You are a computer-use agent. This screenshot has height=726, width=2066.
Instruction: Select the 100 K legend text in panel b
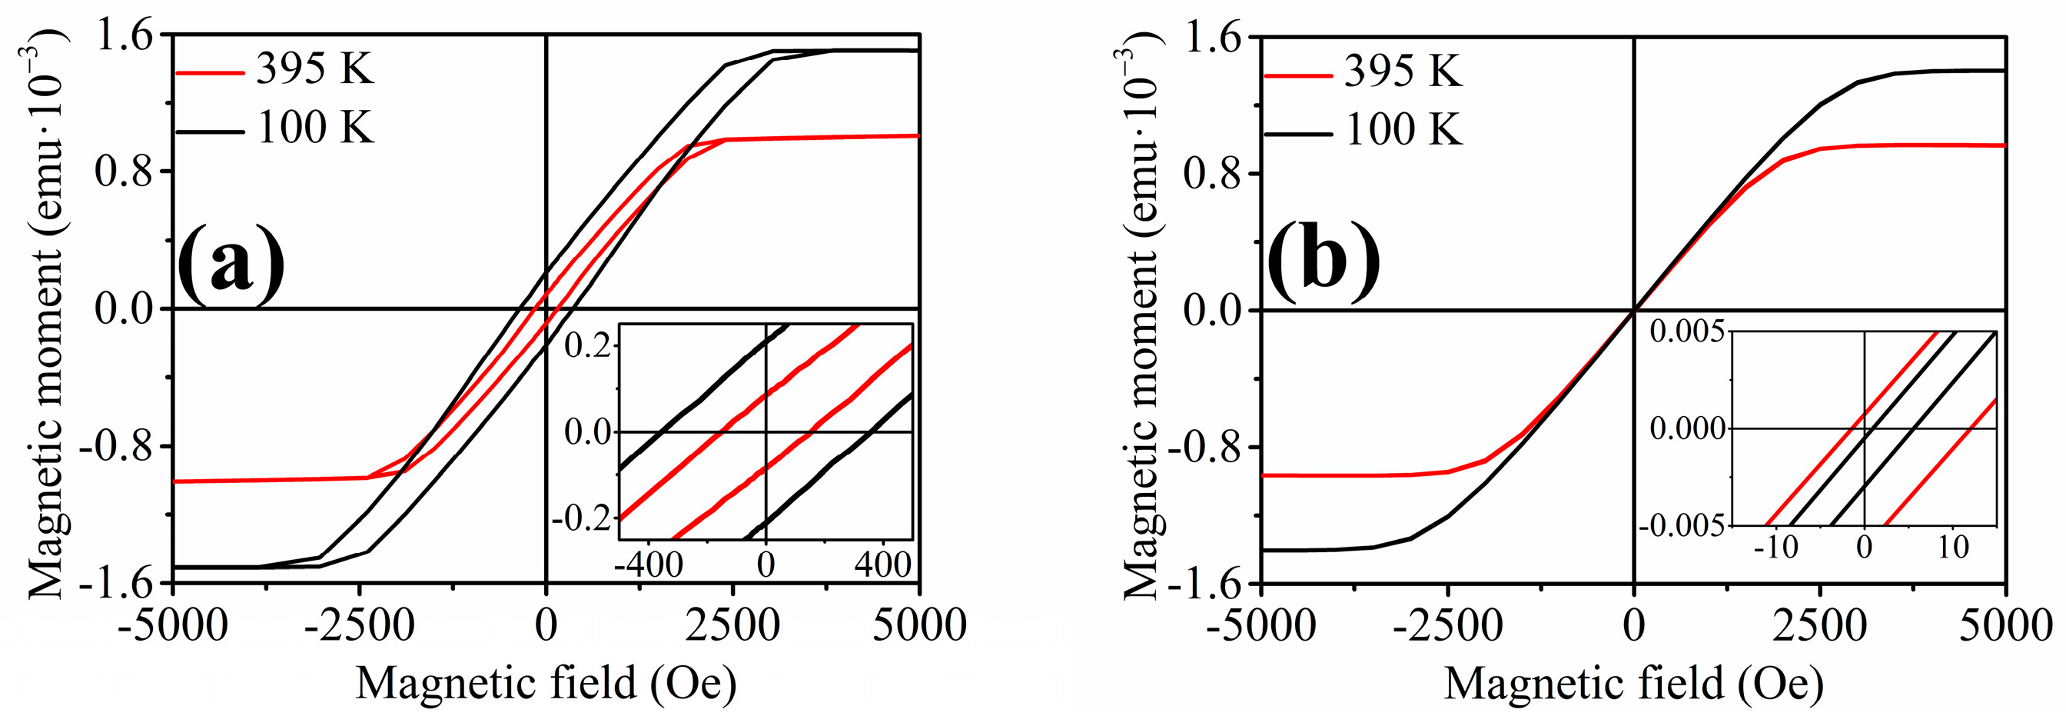1403,129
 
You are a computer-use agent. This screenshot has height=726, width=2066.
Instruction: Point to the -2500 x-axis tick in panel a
359,626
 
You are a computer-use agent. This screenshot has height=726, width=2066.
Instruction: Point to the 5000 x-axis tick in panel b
2005,626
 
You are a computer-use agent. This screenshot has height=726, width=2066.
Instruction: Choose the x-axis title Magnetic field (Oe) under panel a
546,684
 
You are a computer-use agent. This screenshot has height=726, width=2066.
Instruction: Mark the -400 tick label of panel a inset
649,564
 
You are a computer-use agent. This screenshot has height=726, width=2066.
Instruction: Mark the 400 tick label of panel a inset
882,564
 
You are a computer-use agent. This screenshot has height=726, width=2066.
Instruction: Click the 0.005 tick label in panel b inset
1686,332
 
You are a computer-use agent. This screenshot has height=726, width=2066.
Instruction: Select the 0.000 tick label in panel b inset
1686,428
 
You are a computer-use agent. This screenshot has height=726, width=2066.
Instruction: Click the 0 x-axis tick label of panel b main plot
1634,626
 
